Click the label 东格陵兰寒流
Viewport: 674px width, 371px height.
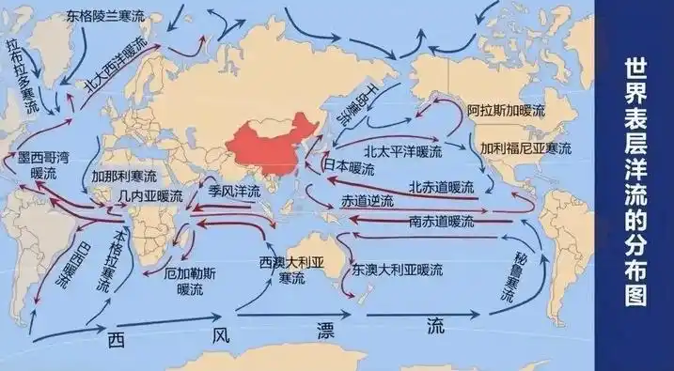click(x=104, y=17)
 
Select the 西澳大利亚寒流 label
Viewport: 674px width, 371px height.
click(x=290, y=270)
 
